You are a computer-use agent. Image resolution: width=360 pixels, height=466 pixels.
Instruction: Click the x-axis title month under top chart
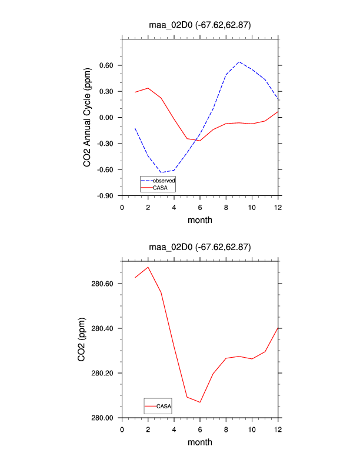pyautogui.click(x=199, y=220)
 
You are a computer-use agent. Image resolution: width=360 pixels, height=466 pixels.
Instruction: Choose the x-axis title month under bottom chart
pyautogui.click(x=199, y=442)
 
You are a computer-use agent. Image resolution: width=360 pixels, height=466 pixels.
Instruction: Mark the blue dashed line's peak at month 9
pyautogui.click(x=239, y=62)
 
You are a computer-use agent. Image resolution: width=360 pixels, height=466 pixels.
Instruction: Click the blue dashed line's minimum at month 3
pyautogui.click(x=161, y=173)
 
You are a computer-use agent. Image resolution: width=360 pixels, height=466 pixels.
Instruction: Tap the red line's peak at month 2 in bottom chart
pyautogui.click(x=148, y=267)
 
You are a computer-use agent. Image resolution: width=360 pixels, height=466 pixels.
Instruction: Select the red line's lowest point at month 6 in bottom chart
pyautogui.click(x=200, y=402)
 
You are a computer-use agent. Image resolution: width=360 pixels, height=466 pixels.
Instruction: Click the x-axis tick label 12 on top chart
pyautogui.click(x=278, y=207)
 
